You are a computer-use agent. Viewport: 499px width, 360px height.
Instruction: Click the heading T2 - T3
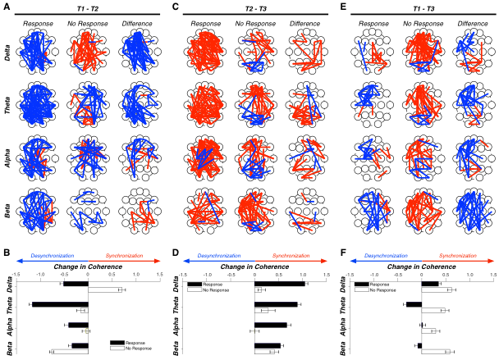coord(255,7)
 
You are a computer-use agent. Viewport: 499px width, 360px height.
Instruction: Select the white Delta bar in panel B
coord(105,289)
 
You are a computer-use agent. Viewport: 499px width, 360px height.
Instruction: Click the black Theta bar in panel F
coord(414,304)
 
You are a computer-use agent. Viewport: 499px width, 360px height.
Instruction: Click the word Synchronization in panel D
coord(292,257)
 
